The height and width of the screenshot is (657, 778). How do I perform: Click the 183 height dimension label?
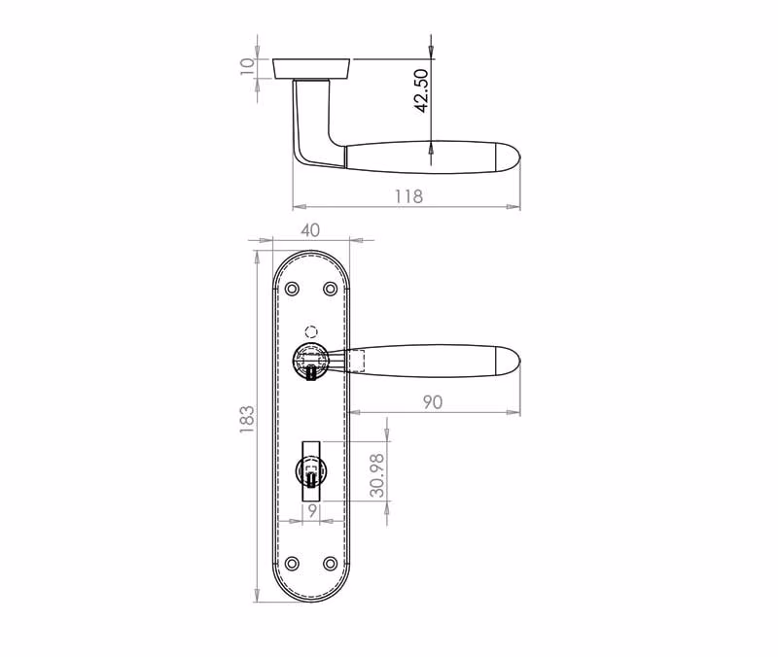(247, 420)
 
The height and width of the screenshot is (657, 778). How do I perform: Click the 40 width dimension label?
(310, 230)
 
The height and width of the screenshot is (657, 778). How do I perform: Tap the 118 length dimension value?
(408, 196)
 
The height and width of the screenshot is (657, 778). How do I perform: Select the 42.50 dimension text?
(421, 90)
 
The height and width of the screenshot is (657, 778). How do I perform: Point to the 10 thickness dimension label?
(247, 66)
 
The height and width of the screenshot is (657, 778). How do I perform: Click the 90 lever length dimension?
(433, 402)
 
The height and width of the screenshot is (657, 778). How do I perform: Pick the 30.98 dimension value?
(377, 475)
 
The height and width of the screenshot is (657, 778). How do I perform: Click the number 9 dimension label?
(312, 510)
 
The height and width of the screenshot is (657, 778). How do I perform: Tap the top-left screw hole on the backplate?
(293, 289)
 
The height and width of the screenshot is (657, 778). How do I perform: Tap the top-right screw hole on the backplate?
(330, 289)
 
